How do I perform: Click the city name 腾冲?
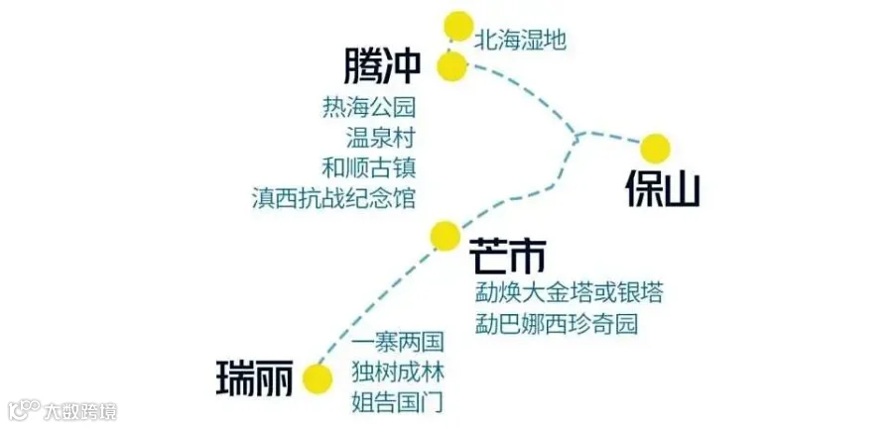pos(382,66)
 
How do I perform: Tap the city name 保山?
pos(663,188)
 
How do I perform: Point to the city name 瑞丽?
pos(255,378)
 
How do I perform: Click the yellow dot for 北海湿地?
pos(459,26)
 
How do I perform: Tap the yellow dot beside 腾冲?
pos(452,66)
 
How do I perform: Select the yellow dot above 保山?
pos(655,149)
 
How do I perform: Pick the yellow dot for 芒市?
pos(446,236)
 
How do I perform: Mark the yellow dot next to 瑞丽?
pos(318,378)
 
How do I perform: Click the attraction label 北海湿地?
pos(521,41)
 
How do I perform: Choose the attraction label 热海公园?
pos(369,107)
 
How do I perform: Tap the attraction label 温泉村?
pos(380,138)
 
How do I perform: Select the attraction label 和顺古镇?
pos(369,168)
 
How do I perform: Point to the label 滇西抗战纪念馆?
pos(333,199)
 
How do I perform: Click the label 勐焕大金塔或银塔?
pos(569,293)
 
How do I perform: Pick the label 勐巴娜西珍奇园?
pos(557,324)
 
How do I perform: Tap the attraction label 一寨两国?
pos(398,343)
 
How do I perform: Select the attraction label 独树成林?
pos(398,373)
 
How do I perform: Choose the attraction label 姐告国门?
pos(398,403)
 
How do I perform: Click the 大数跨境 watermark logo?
pos(63,410)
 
